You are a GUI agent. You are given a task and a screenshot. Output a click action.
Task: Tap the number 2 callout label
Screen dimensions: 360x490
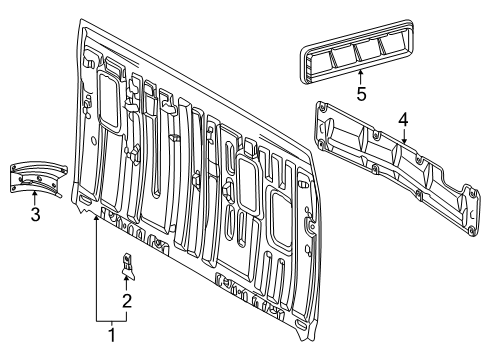pyautogui.click(x=126, y=300)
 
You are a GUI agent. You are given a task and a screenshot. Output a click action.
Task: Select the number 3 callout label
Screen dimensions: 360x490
pyautogui.click(x=34, y=215)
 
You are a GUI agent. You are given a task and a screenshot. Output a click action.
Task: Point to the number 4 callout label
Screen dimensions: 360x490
pyautogui.click(x=403, y=120)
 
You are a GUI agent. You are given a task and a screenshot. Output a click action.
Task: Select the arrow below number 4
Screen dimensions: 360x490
pyautogui.click(x=403, y=136)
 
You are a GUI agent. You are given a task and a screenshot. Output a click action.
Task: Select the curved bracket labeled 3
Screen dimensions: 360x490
pyautogui.click(x=36, y=175)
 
